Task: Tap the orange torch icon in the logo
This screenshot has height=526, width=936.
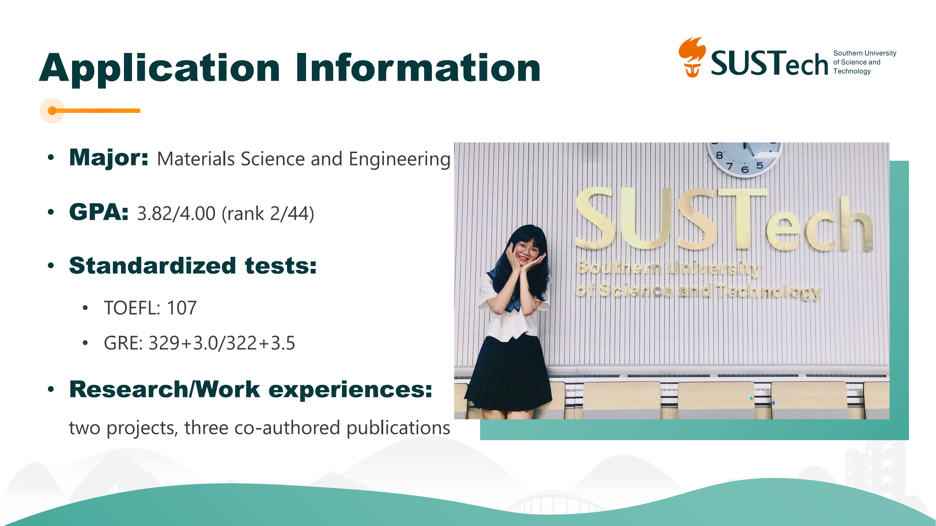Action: point(692,57)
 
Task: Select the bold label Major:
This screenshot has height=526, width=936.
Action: point(109,158)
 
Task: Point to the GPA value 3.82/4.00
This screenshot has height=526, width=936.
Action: point(176,213)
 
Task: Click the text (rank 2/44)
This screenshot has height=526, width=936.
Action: point(268,214)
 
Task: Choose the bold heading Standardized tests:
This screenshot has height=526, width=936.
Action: point(193,266)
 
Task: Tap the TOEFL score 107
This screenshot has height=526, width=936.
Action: point(182,308)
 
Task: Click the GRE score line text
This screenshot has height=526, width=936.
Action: point(199,343)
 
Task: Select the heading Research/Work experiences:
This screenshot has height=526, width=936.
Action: point(251,389)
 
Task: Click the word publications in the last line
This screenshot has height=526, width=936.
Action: point(398,428)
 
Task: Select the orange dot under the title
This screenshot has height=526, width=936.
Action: point(52,111)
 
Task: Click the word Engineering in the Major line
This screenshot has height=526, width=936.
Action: point(399,160)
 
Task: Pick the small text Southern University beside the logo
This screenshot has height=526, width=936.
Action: point(865,53)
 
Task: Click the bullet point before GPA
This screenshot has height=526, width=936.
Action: point(51,212)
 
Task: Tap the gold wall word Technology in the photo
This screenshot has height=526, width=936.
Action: point(769,291)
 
